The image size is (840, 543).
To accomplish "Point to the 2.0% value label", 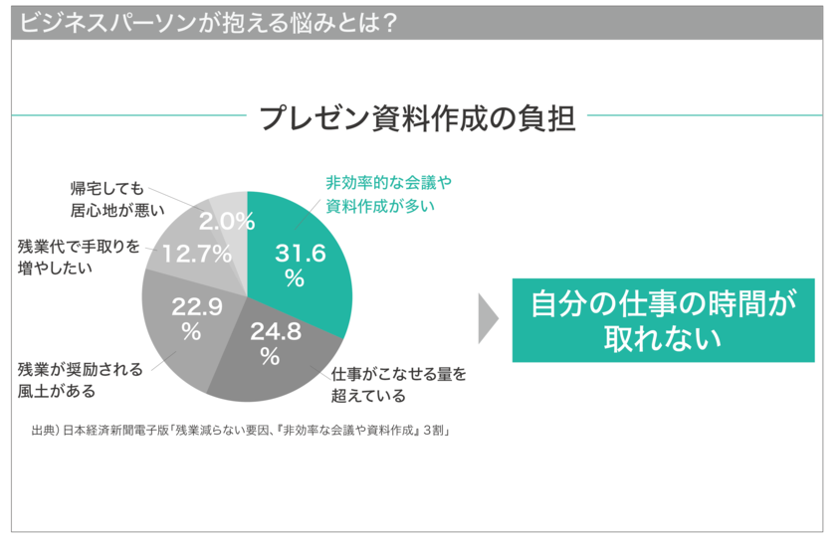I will click(227, 221).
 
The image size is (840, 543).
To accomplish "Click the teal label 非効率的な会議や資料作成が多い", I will click(388, 194).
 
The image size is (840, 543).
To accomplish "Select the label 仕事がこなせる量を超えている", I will click(398, 384).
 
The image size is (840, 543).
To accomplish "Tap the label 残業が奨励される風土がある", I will click(80, 379).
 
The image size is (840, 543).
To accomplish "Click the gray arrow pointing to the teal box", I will click(487, 318).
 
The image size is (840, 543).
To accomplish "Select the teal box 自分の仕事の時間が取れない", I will click(663, 319).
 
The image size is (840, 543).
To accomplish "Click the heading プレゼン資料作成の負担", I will click(417, 117).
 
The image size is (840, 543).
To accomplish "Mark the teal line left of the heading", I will click(128, 115).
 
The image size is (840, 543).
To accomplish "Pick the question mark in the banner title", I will click(389, 22).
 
